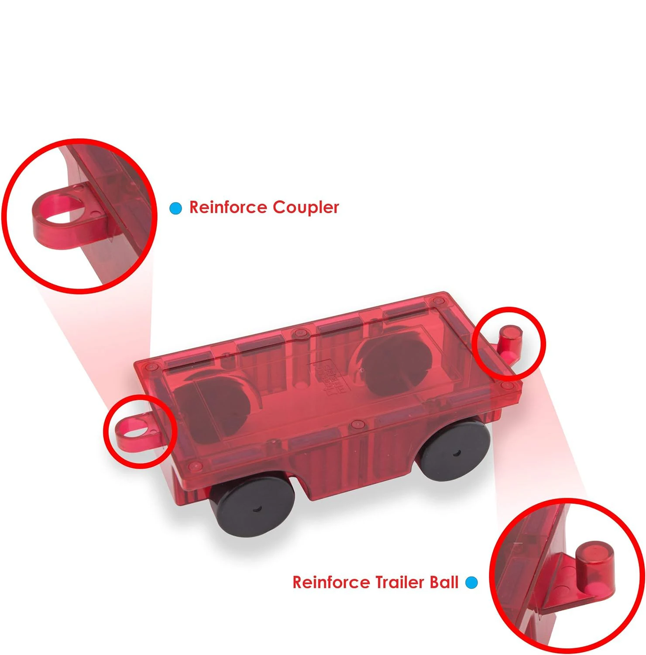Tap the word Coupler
click(306, 208)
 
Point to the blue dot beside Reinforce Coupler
click(175, 208)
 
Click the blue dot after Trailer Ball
click(471, 582)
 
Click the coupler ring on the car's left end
click(133, 430)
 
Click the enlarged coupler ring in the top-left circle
click(61, 210)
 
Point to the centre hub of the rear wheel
click(456, 453)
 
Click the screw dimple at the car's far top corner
click(438, 301)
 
